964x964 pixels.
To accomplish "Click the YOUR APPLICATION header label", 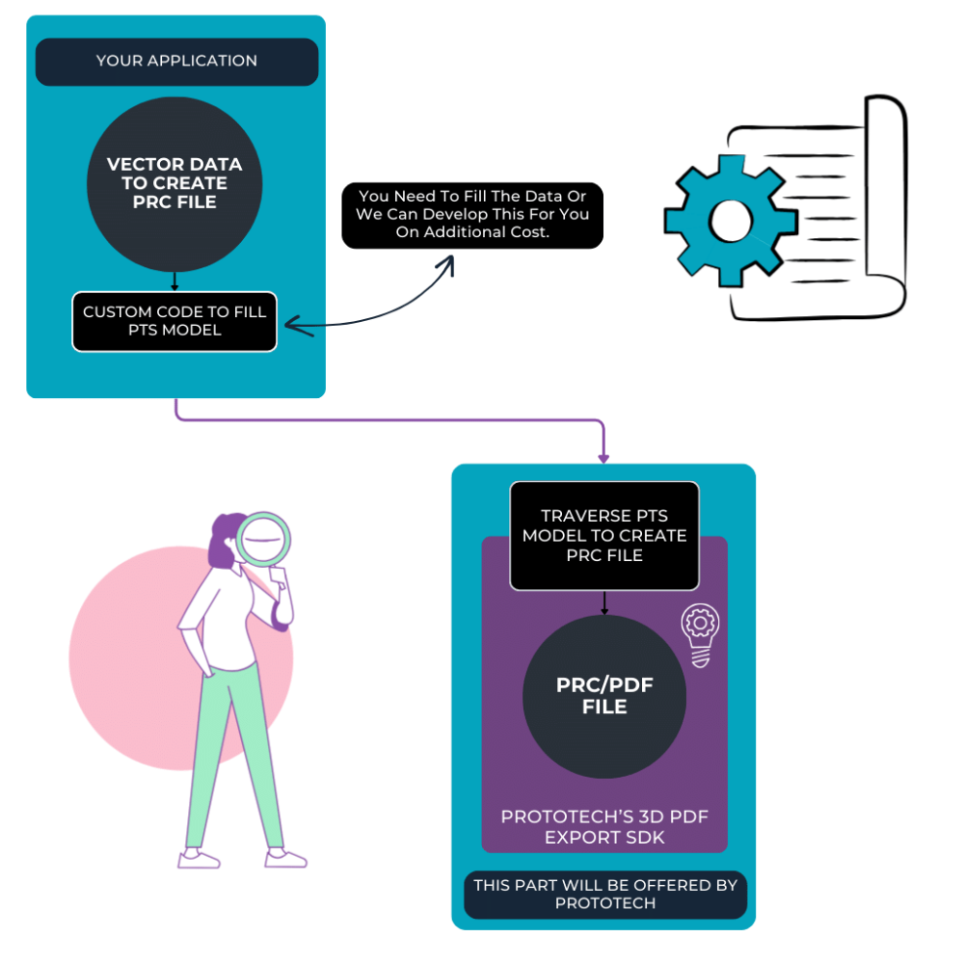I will (x=176, y=61).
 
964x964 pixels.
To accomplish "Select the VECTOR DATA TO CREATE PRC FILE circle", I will (x=174, y=183).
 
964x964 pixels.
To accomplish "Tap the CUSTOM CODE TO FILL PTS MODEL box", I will (x=174, y=321).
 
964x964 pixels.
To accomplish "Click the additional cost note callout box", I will (x=472, y=215).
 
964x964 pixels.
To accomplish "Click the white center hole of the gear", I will (x=730, y=222).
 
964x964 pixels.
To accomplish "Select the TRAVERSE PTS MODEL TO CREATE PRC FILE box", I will (x=604, y=535).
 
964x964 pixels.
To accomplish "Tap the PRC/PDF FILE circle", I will (x=604, y=696).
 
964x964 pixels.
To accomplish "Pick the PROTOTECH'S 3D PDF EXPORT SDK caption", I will (x=604, y=827).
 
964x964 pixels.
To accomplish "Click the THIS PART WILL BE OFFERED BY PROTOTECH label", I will (x=604, y=895).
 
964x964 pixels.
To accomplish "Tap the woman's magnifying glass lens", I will (x=263, y=539).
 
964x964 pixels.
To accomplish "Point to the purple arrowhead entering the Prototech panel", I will (x=604, y=456).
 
